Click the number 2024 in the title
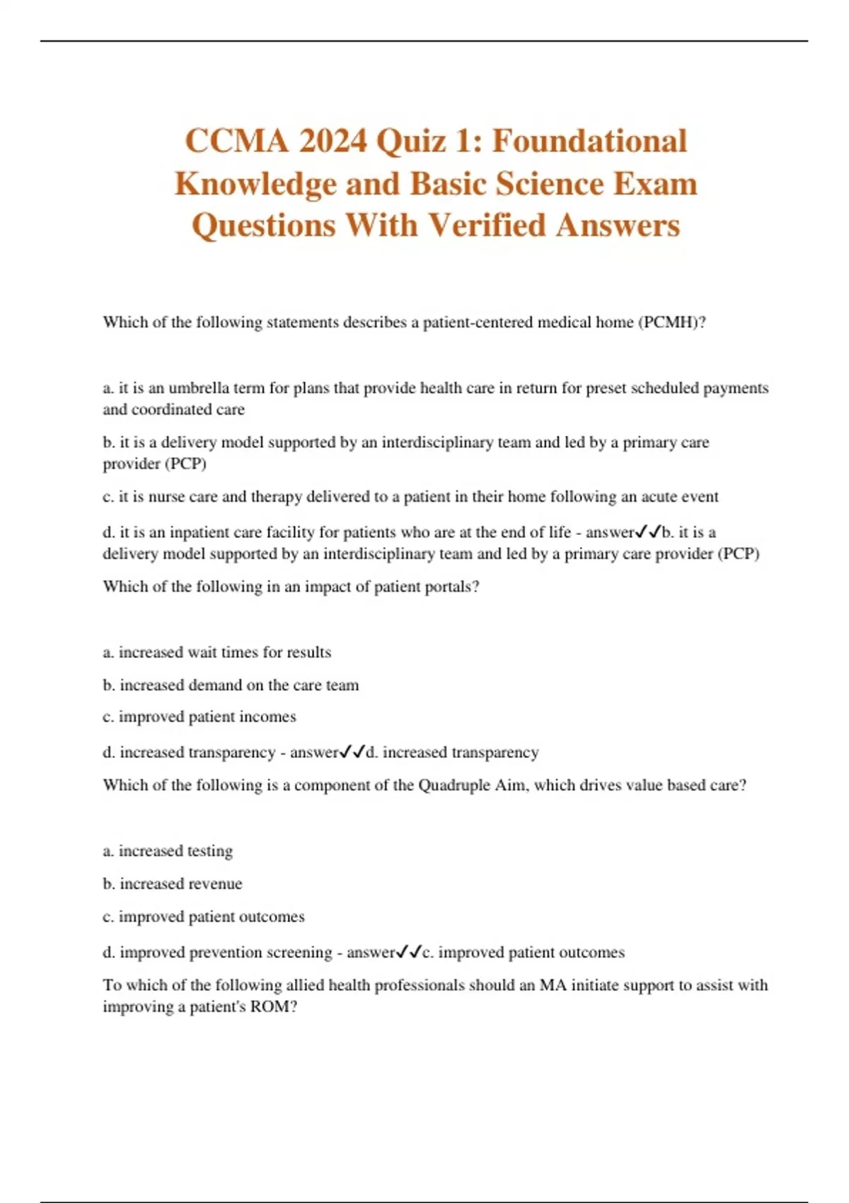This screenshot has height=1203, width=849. click(333, 141)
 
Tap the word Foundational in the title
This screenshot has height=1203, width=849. click(589, 141)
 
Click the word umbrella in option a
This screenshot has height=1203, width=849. click(200, 388)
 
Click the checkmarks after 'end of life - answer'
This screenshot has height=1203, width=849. click(649, 531)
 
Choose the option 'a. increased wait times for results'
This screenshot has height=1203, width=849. click(216, 652)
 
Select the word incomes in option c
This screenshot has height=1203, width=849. click(267, 717)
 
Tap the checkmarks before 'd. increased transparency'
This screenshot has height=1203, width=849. click(352, 752)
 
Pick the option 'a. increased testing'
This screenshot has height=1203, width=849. click(168, 851)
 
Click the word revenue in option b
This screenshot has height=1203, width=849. click(213, 884)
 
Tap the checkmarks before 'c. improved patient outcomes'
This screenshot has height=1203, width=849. click(408, 952)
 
